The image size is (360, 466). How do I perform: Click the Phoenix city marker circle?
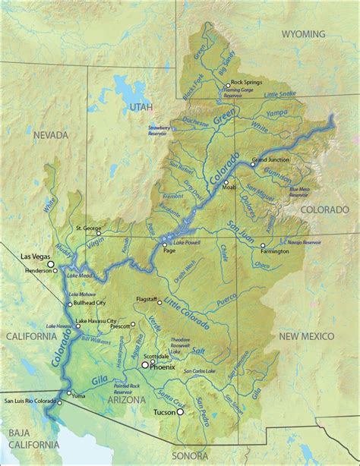[x=145, y=365]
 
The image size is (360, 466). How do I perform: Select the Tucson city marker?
[x=181, y=412]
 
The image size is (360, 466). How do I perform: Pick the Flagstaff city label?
[x=150, y=299]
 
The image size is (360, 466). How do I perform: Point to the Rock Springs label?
[x=247, y=82]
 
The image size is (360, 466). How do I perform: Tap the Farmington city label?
[x=284, y=250]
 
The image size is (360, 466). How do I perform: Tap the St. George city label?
[x=88, y=227]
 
